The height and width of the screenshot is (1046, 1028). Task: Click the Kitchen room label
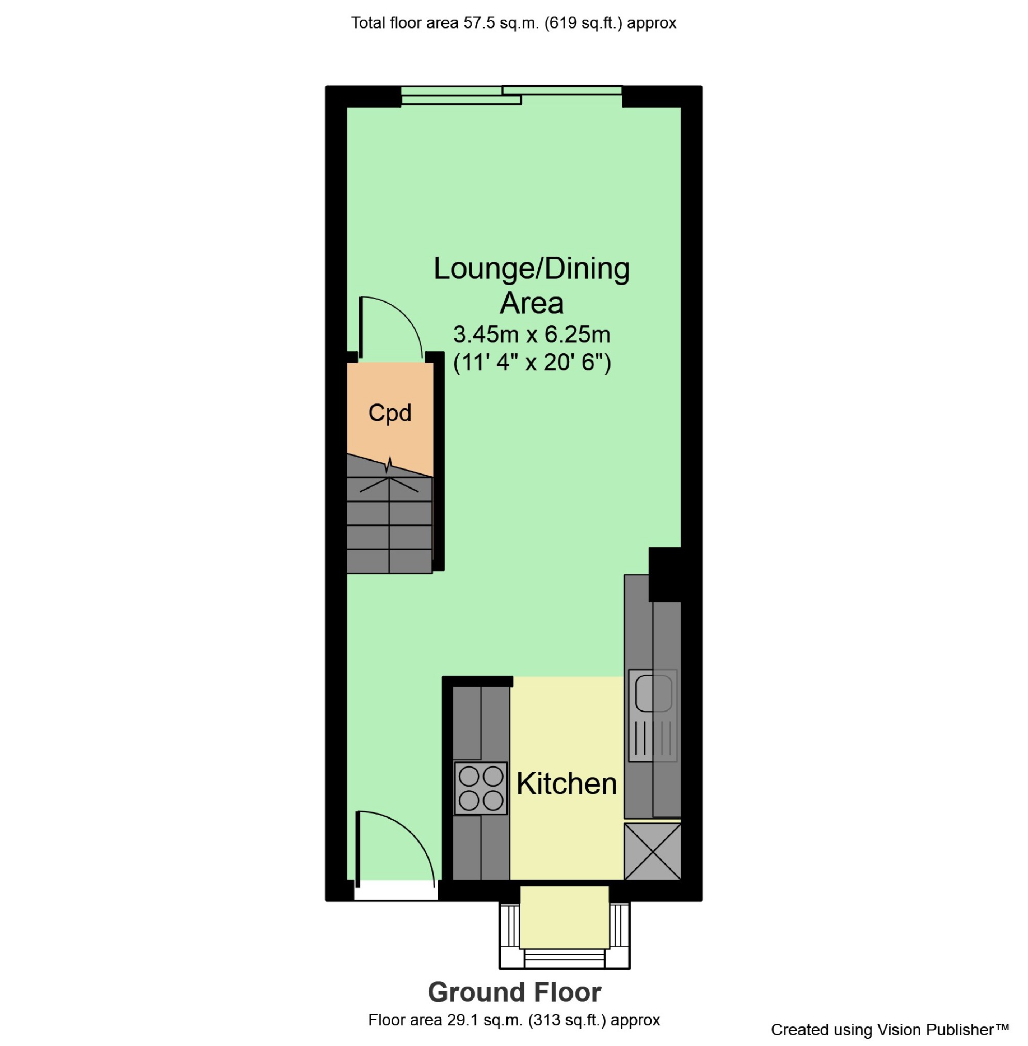tap(566, 784)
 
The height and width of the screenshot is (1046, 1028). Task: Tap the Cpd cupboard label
tap(389, 413)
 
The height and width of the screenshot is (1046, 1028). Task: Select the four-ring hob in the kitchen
tap(480, 788)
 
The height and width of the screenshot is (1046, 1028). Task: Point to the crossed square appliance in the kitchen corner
tap(652, 851)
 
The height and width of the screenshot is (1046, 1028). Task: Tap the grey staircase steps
tap(389, 529)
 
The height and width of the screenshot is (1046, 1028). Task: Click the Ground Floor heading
tap(514, 992)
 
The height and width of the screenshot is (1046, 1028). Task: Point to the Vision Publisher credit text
tap(889, 1030)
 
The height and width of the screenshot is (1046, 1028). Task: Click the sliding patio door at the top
tap(512, 95)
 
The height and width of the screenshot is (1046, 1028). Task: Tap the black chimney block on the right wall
tap(664, 574)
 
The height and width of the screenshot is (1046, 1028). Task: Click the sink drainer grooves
tap(653, 738)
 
